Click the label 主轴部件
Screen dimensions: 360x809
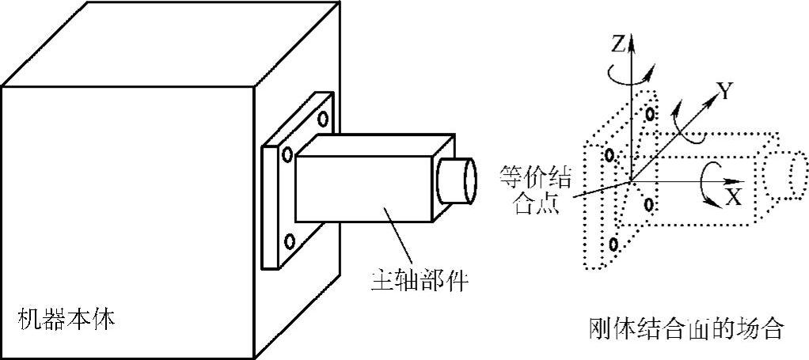(x=419, y=279)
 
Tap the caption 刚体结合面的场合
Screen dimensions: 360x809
(x=686, y=328)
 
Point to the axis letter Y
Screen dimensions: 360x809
(x=722, y=91)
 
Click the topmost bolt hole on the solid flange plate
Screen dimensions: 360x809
(x=323, y=119)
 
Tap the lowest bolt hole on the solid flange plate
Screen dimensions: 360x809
(x=290, y=241)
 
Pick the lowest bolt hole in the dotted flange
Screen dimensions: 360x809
(x=612, y=244)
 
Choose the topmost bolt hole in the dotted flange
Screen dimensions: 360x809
(x=650, y=114)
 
